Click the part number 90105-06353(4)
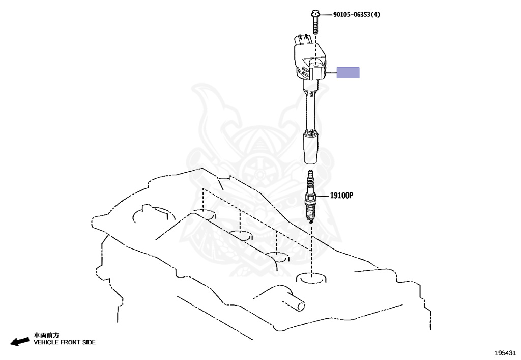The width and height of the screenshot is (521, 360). pyautogui.click(x=357, y=15)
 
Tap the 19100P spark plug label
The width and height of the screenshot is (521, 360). pyautogui.click(x=341, y=196)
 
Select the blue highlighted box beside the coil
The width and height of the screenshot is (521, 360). pyautogui.click(x=348, y=73)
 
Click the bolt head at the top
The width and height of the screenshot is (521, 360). pyautogui.click(x=315, y=14)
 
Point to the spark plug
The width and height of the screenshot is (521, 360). pyautogui.click(x=310, y=196)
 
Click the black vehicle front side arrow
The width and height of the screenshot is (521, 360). pyautogui.click(x=20, y=341)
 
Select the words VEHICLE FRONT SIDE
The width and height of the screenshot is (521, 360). pyautogui.click(x=65, y=342)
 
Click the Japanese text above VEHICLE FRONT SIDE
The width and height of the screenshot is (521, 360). pyautogui.click(x=46, y=335)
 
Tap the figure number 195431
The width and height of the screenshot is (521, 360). pyautogui.click(x=505, y=353)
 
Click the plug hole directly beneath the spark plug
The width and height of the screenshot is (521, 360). pyautogui.click(x=311, y=278)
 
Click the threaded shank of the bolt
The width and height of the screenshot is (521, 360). pyautogui.click(x=315, y=25)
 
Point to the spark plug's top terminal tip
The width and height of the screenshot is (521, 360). pyautogui.click(x=310, y=172)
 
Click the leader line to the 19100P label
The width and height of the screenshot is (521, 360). pyautogui.click(x=322, y=196)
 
